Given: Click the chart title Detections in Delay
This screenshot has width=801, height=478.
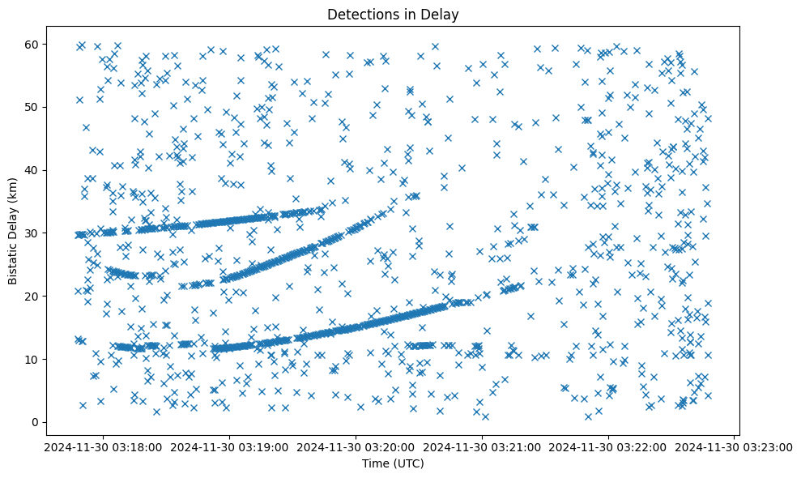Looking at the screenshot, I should pyautogui.click(x=392, y=14).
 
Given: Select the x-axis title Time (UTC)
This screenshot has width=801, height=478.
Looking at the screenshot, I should pyautogui.click(x=392, y=463).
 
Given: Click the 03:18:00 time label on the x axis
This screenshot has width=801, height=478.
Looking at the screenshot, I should pyautogui.click(x=104, y=446).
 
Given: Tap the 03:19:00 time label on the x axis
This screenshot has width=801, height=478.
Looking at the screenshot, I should pyautogui.click(x=230, y=446).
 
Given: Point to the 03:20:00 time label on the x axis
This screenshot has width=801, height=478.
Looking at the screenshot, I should pyautogui.click(x=356, y=446).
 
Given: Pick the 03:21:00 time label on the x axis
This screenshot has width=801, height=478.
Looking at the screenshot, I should pyautogui.click(x=483, y=446).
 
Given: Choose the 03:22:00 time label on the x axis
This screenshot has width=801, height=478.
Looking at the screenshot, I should pyautogui.click(x=609, y=446).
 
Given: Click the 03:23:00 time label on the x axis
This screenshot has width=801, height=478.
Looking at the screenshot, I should pyautogui.click(x=735, y=446).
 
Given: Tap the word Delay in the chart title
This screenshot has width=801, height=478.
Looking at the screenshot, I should pyautogui.click(x=442, y=14).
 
